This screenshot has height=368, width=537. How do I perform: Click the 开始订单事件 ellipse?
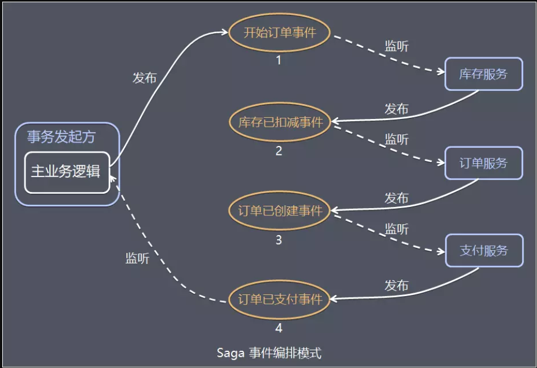(x=279, y=32)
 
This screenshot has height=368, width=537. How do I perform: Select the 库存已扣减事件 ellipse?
(x=279, y=122)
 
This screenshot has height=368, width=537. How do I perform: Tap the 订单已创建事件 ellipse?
(x=279, y=211)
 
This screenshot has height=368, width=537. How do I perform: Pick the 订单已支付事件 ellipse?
(x=279, y=300)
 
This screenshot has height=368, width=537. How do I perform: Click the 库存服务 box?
(x=483, y=74)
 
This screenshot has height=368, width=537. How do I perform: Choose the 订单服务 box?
(x=483, y=163)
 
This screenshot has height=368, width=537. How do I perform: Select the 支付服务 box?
(x=483, y=251)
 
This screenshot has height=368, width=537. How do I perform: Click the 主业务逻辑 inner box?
(x=67, y=172)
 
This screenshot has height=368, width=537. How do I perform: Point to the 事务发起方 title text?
(x=61, y=137)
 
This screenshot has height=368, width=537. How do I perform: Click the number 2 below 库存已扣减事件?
(x=279, y=151)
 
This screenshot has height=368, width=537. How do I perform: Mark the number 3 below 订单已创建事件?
(x=279, y=240)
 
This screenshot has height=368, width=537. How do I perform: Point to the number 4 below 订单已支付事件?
(x=279, y=328)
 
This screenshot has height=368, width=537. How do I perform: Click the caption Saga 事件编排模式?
(x=270, y=352)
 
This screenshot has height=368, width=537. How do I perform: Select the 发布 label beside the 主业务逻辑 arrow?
(x=144, y=77)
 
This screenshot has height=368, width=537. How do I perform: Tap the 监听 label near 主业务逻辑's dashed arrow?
(x=137, y=258)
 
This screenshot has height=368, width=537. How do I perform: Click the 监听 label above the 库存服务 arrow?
(x=396, y=46)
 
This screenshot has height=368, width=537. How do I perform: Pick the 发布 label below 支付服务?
(x=396, y=286)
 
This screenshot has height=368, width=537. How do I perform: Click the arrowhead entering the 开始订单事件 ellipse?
(x=226, y=32)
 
